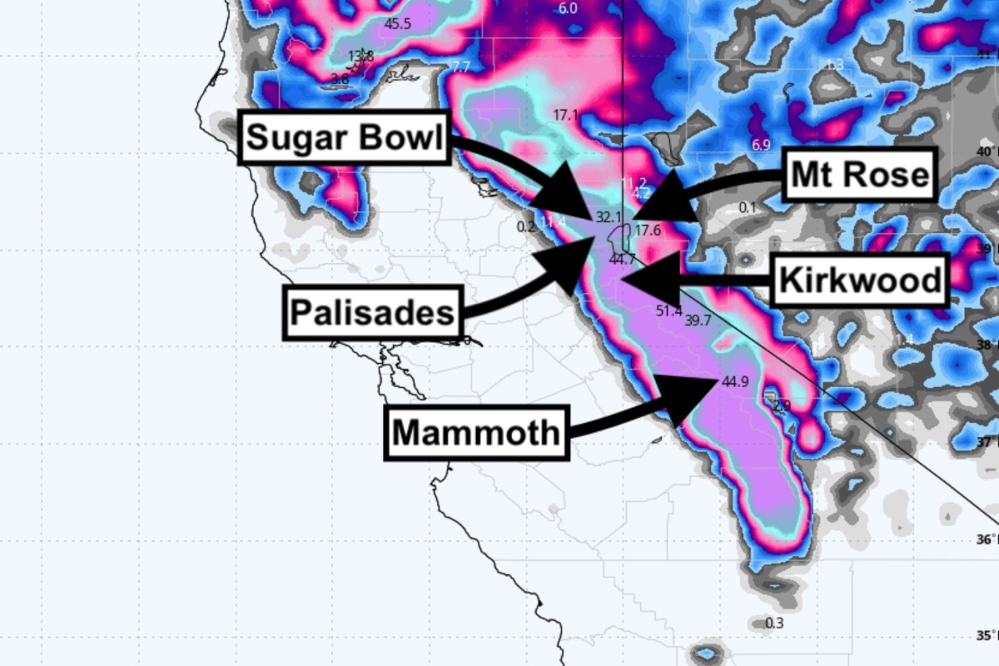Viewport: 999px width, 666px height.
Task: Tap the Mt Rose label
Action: coord(860,175)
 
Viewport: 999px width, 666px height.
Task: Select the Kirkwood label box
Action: coord(861,281)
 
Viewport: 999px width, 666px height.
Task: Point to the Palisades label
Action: coord(372,313)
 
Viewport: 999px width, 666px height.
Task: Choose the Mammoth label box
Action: coord(476,433)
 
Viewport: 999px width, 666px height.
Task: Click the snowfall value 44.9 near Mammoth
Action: coord(735,382)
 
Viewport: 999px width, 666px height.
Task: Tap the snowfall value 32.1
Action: coord(609,217)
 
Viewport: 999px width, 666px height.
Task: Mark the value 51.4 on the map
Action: coord(668,311)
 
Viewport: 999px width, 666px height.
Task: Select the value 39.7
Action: coord(698,320)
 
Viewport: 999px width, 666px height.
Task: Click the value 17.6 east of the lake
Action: coord(647,231)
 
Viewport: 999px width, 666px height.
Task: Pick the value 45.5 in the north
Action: coord(397,23)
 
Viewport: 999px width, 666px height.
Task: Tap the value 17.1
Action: coord(565,115)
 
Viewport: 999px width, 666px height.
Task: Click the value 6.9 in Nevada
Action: coord(761,145)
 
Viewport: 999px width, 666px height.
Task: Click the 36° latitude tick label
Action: coord(987,539)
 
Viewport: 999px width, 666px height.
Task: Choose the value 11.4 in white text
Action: coord(553,221)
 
